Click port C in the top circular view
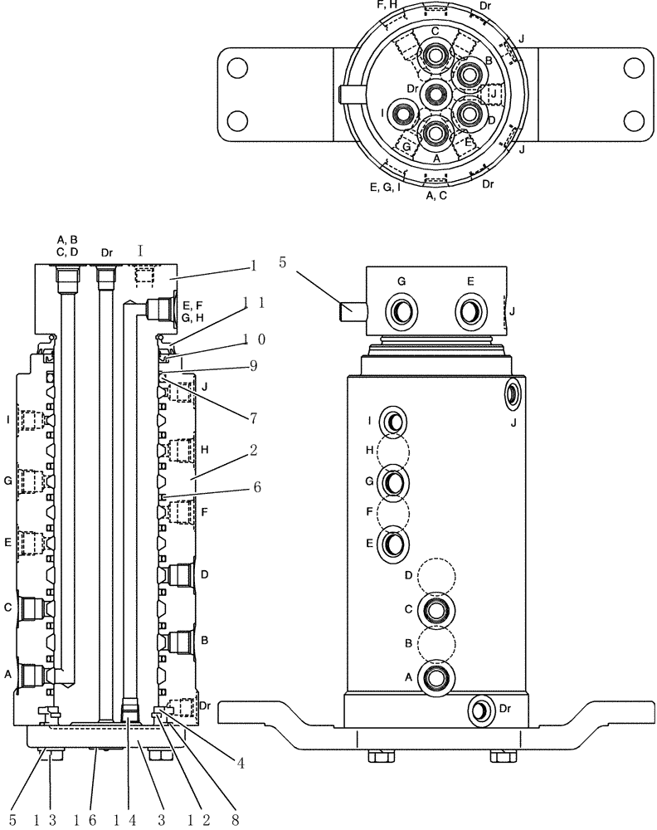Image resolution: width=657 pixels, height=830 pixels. (x=436, y=57)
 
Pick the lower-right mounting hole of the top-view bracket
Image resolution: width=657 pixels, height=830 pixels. (x=635, y=121)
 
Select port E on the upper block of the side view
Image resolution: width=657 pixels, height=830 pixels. (x=470, y=314)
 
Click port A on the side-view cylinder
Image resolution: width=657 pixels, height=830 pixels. (x=436, y=677)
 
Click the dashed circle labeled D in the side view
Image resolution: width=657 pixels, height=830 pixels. (x=436, y=575)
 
